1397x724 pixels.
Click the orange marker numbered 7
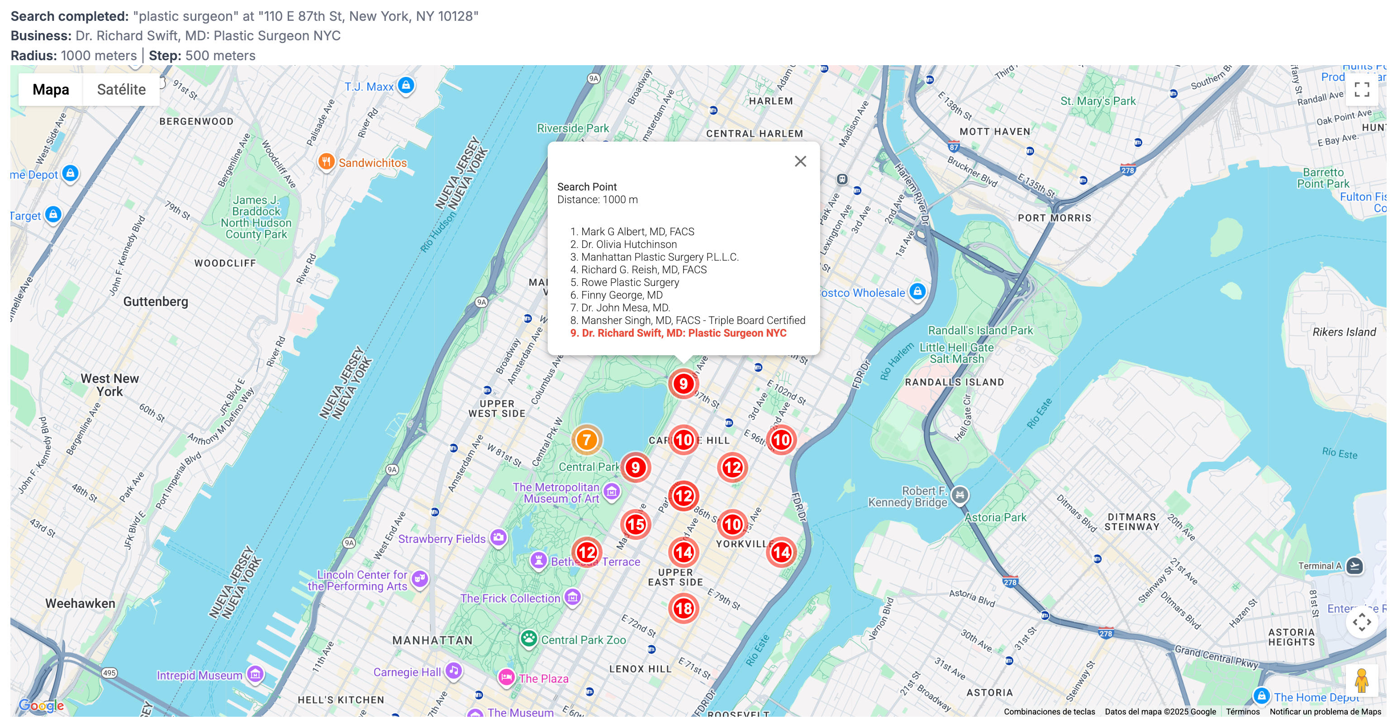586,440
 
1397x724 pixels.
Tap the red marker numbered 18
683,609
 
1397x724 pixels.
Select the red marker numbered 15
635,524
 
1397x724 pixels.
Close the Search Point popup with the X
800,162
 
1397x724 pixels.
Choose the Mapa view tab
51,90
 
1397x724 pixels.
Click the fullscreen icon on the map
1361,89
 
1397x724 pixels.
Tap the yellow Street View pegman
1361,680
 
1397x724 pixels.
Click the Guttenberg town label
156,301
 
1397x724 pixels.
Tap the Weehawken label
80,603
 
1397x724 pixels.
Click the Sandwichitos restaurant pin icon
326,162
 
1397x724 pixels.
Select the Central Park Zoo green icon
528,639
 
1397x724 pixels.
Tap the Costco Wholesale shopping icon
917,292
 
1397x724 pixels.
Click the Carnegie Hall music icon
453,671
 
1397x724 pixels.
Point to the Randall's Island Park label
980,330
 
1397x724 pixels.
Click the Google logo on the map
41,705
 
